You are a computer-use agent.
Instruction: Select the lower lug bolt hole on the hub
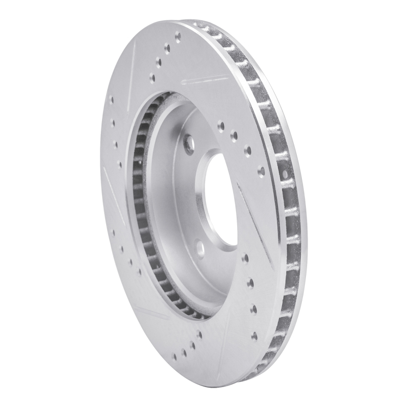200,248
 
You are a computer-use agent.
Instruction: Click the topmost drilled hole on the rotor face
177,36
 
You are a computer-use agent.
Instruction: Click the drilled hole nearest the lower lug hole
245,259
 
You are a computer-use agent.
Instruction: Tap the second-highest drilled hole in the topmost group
168,48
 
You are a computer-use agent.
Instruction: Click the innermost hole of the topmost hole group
152,78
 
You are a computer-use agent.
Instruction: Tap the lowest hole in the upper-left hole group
119,164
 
